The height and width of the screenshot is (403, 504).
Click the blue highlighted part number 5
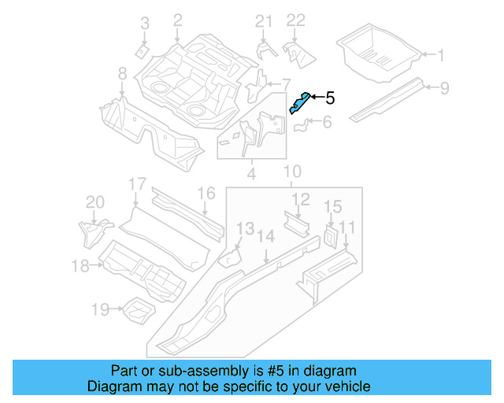(299, 102)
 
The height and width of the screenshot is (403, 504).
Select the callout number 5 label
(330, 98)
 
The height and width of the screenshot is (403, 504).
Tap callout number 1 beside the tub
(440, 55)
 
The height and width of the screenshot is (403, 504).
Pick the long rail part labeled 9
(387, 98)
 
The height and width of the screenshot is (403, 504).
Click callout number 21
(262, 20)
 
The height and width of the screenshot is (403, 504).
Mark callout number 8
(122, 74)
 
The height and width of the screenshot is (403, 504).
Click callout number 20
(94, 202)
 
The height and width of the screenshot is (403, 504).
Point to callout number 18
(80, 266)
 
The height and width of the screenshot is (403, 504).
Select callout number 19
(99, 310)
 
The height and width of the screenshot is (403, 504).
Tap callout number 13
(246, 229)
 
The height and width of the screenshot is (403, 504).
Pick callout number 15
(332, 207)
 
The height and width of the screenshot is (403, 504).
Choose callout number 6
(327, 122)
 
